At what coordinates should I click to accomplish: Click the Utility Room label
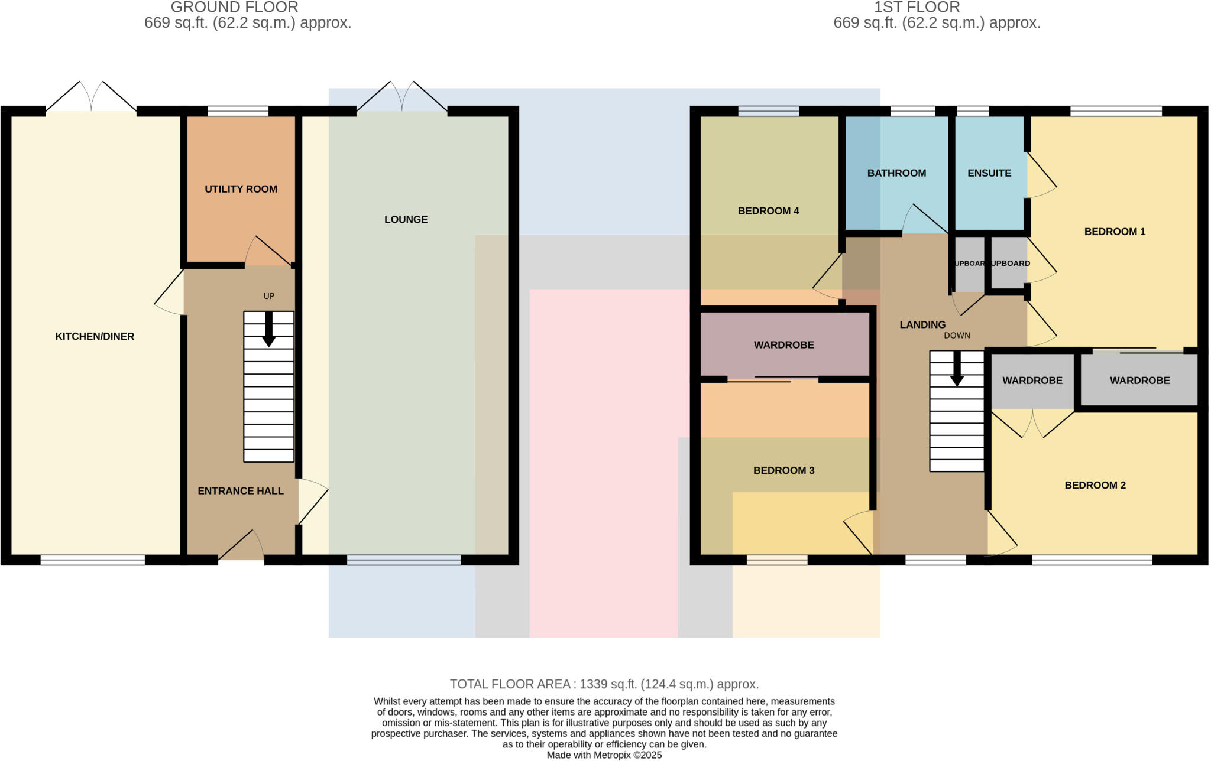coord(241,189)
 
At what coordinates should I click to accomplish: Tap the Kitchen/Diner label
coord(95,336)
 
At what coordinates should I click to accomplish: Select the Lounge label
coord(406,219)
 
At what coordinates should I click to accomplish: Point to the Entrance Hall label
coord(240,490)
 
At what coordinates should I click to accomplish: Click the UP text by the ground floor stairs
coord(269,296)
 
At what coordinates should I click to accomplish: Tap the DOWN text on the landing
coord(957,335)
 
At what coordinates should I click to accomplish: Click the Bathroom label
coord(896,173)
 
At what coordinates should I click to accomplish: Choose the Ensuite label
coord(989,173)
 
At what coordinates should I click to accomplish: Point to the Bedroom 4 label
coord(768,211)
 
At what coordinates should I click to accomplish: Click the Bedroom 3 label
coord(783,470)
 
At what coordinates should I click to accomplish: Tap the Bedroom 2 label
coord(1095,485)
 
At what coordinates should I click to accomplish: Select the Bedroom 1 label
coord(1115,232)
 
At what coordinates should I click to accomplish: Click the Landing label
coord(922,324)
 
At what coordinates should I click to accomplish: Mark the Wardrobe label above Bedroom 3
coord(783,344)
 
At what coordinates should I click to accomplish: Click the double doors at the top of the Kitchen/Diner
coord(91,97)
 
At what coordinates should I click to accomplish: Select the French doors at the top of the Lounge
coord(402,97)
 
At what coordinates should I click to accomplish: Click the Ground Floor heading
coord(234,8)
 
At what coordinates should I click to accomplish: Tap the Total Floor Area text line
coord(604,684)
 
